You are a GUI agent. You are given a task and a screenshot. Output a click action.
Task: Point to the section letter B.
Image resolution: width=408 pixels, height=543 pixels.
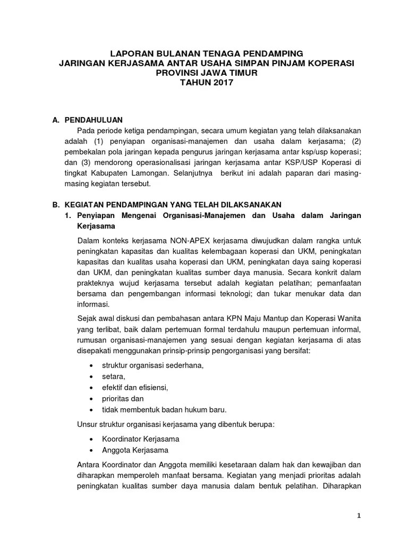coord(55,204)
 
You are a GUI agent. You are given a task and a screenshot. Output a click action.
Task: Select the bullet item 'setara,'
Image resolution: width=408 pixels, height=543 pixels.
coord(114,376)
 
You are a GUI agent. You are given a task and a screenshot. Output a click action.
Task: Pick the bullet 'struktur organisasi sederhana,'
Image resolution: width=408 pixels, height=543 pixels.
coord(153,365)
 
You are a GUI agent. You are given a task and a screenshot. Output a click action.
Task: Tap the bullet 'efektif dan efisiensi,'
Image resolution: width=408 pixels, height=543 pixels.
coord(135,388)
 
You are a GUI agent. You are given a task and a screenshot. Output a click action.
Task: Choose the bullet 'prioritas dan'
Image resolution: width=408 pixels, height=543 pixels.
coord(123,398)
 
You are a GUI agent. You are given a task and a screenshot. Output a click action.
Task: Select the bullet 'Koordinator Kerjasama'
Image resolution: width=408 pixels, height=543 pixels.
coord(141,439)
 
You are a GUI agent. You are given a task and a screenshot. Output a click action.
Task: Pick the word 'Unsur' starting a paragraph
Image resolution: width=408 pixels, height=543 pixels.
coord(87,424)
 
